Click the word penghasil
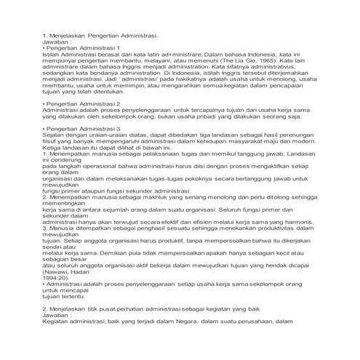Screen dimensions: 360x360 pyautogui.click(x=129, y=228)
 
